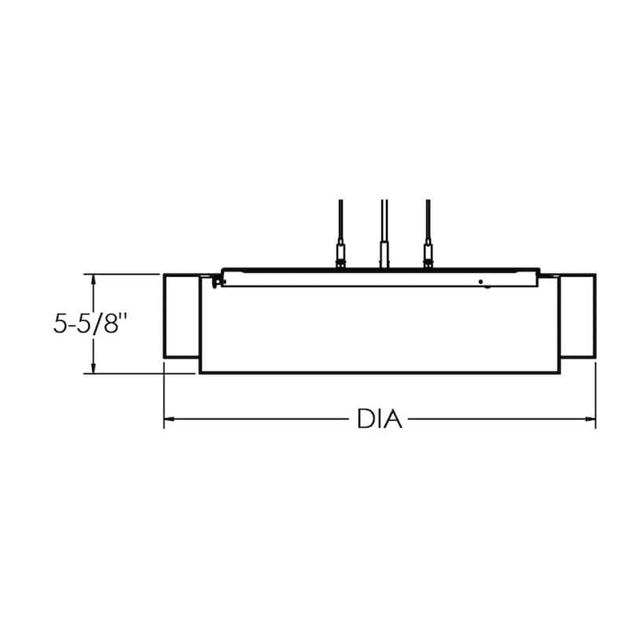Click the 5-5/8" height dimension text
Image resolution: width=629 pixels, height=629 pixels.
click(90, 323)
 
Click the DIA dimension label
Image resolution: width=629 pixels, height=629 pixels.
click(379, 419)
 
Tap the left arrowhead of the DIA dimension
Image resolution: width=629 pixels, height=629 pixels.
click(169, 419)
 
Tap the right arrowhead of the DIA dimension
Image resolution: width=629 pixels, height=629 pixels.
click(590, 419)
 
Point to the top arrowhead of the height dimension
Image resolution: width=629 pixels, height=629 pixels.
click(94, 280)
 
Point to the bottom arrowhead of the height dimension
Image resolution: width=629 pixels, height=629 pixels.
click(94, 368)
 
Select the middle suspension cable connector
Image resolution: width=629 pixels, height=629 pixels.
click(384, 254)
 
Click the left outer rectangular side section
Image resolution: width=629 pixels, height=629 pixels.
click(182, 316)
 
